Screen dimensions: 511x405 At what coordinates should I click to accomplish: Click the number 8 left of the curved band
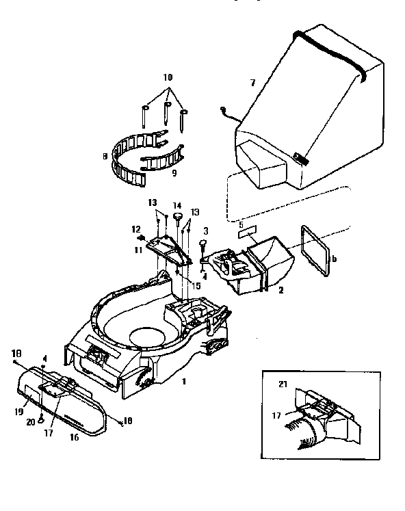104,156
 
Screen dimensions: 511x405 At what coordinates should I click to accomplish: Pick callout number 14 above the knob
177,205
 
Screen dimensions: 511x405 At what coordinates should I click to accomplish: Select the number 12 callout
135,228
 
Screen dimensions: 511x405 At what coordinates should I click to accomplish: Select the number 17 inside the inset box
277,414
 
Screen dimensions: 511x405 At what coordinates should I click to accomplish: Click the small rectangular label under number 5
246,233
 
